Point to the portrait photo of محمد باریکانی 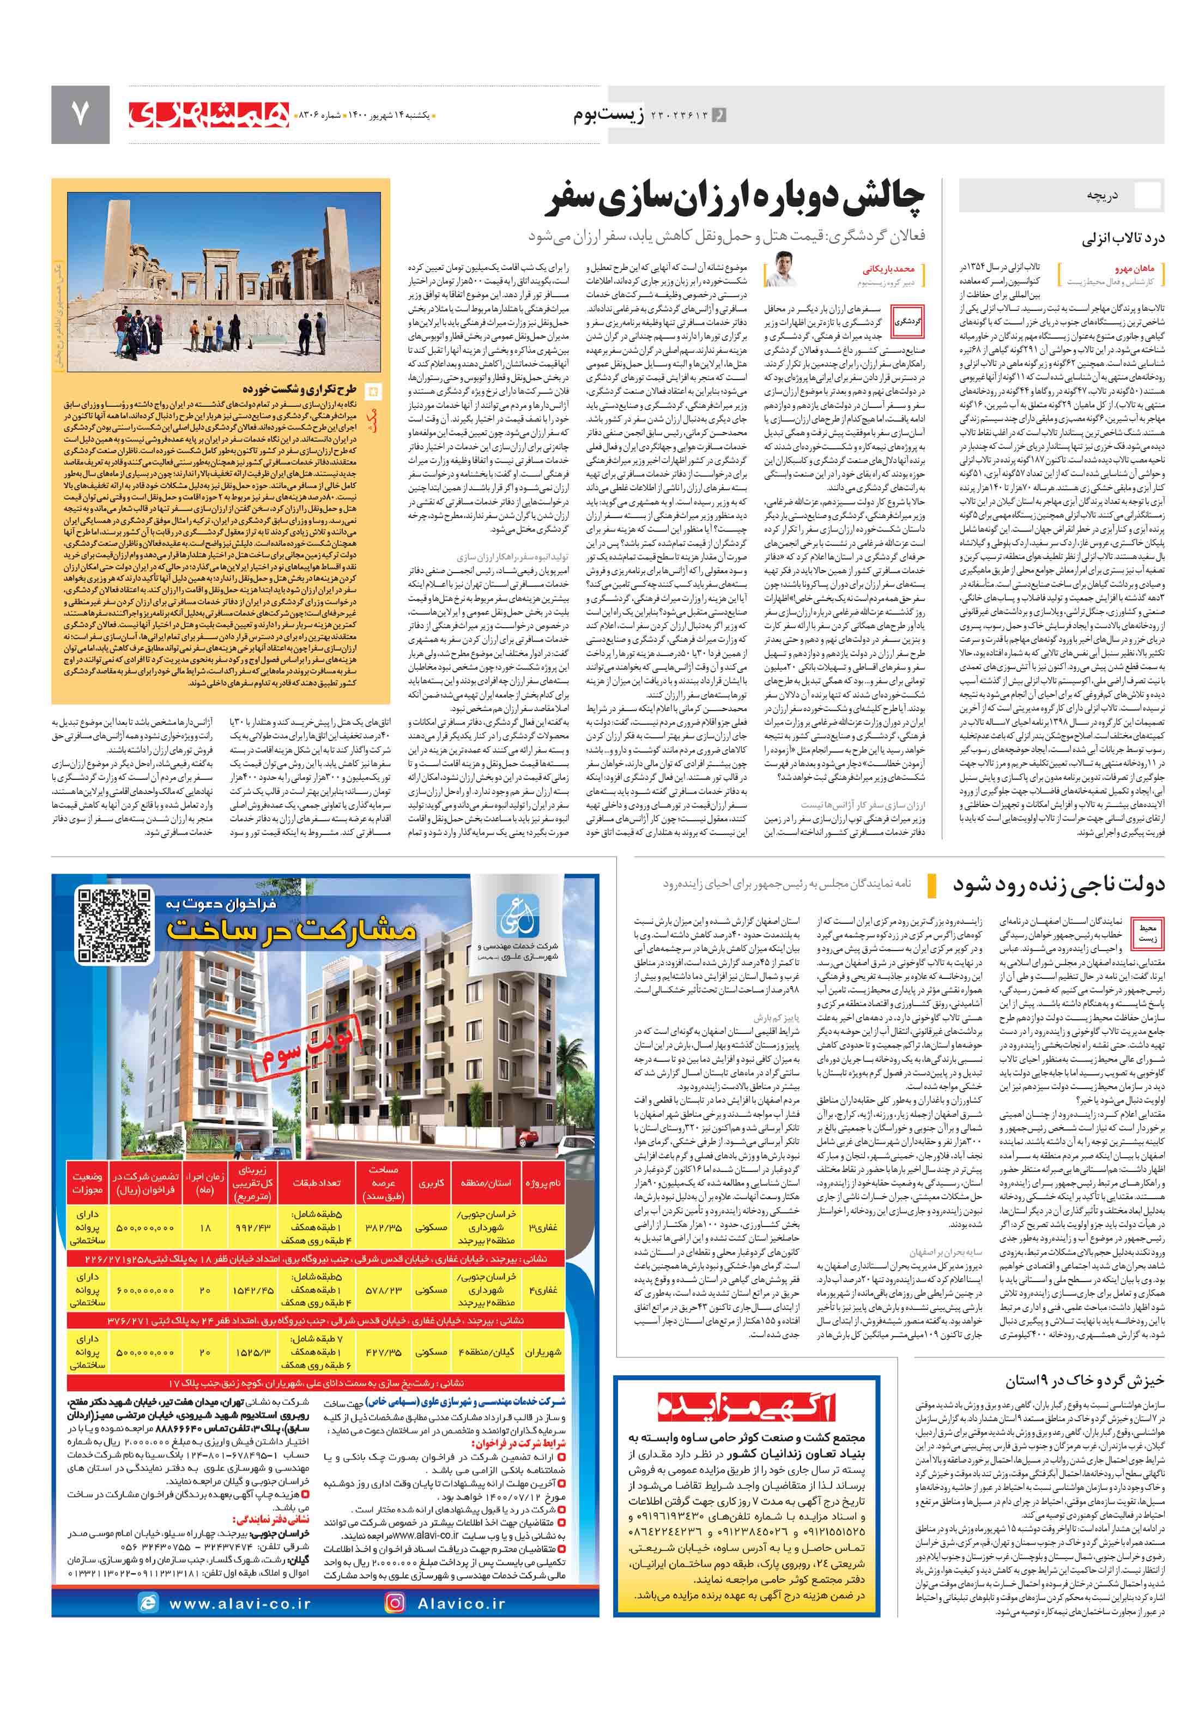click(x=780, y=269)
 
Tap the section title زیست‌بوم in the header click(x=610, y=115)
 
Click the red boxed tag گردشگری click(x=908, y=321)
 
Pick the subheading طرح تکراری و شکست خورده click(x=299, y=390)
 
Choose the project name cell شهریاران click(x=542, y=1352)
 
